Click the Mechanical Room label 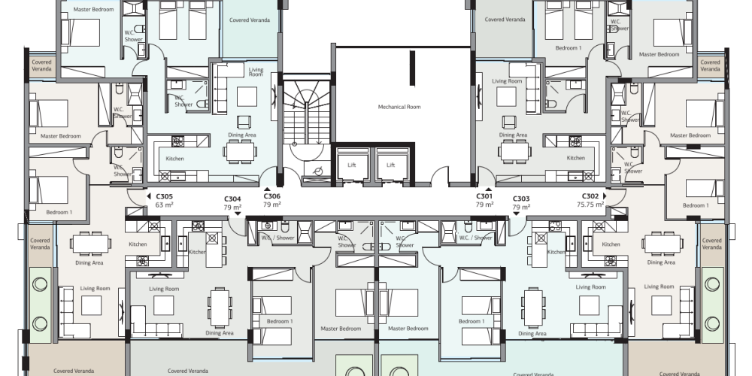pos(399,107)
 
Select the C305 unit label pos(164,196)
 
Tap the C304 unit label pos(232,199)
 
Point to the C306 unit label pos(272,196)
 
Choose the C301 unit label pos(484,196)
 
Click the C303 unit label pos(521,199)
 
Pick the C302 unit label pos(590,196)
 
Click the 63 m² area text pos(164,205)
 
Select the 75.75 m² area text pos(590,205)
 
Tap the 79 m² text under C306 pos(272,205)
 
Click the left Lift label pos(351,165)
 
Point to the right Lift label pos(391,165)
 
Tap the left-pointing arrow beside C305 pos(149,196)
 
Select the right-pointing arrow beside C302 pos(605,196)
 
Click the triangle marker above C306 pos(267,190)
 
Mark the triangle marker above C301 pos(488,190)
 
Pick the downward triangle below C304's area pos(238,214)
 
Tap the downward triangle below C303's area pos(516,214)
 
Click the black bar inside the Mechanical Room pos(412,68)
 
